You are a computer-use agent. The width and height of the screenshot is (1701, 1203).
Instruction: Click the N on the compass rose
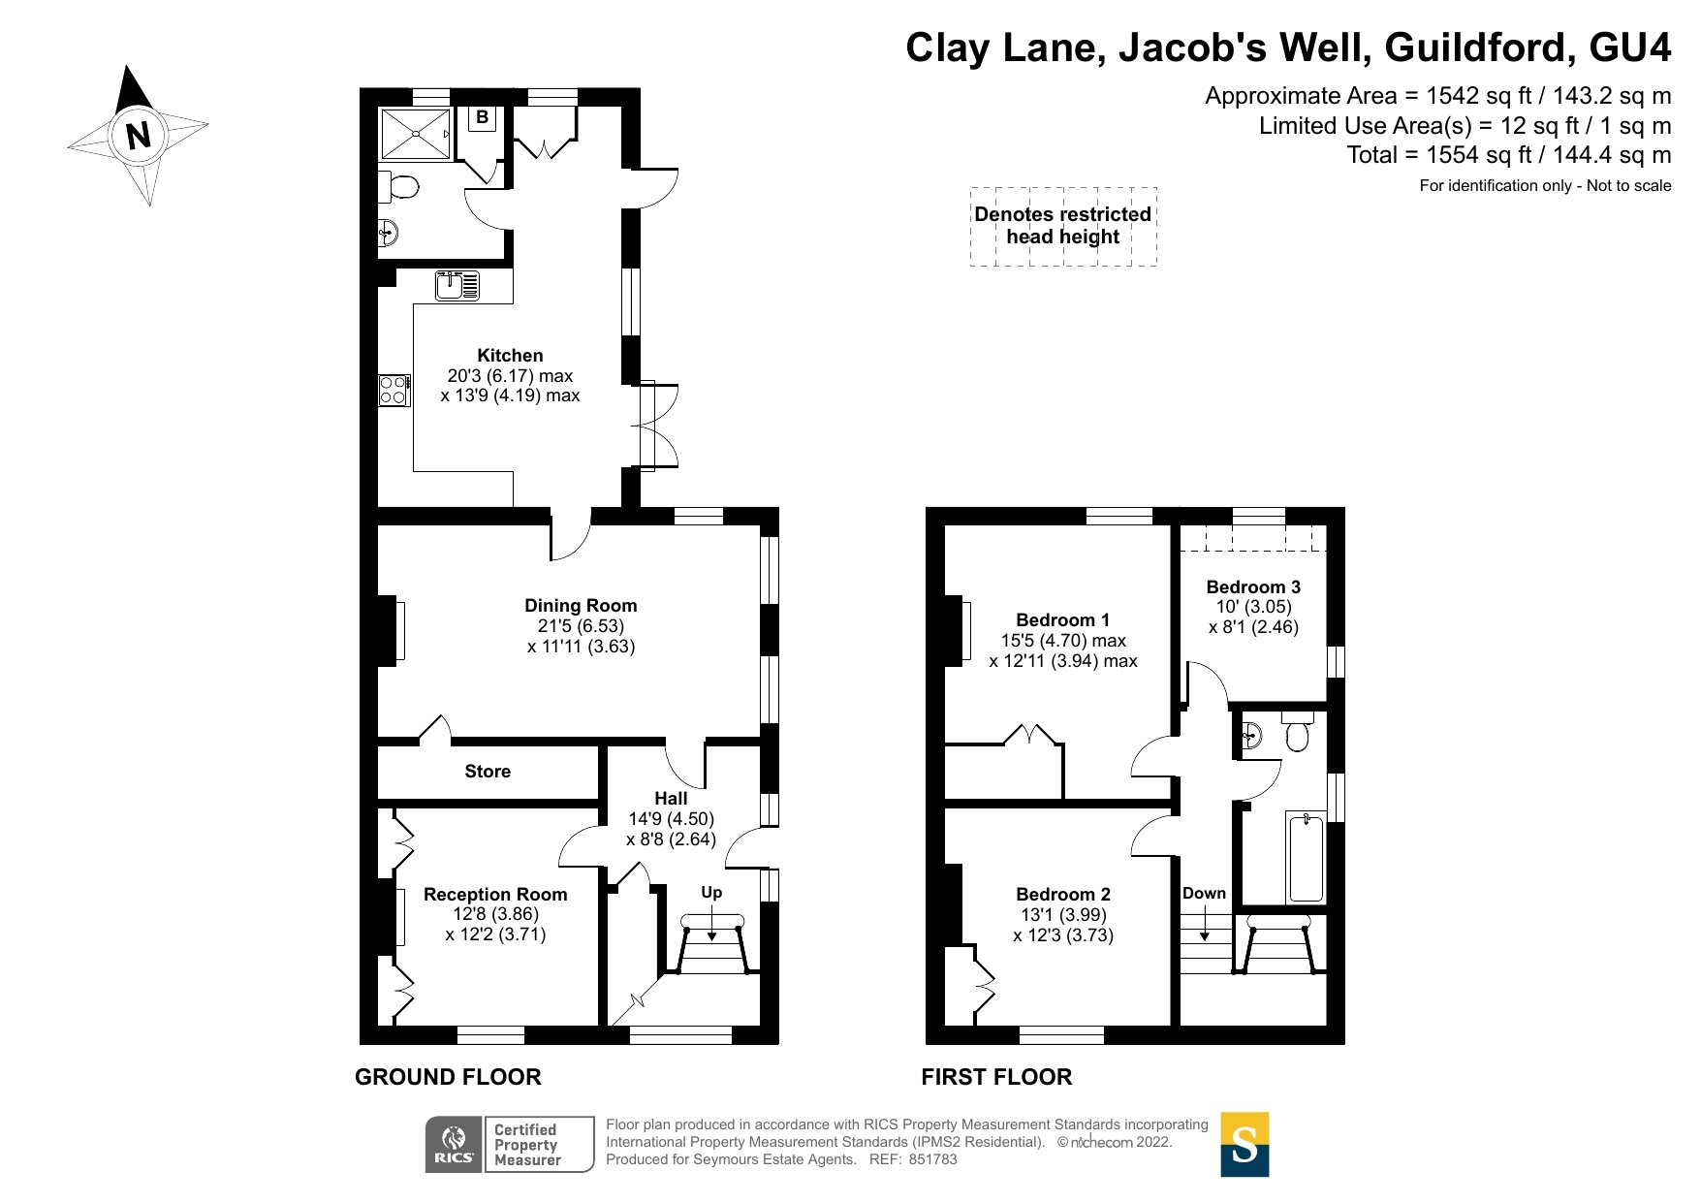coord(140,135)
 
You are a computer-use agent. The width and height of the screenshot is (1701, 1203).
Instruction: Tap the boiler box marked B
coord(482,118)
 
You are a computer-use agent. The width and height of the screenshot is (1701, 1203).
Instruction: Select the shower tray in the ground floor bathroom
coord(417,134)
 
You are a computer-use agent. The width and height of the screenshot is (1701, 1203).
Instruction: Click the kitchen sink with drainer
coord(457,285)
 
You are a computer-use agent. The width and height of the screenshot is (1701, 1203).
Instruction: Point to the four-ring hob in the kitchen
coord(394,391)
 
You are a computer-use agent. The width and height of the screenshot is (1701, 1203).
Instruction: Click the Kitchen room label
coord(510,356)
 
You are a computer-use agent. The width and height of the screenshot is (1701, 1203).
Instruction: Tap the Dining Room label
coord(581,606)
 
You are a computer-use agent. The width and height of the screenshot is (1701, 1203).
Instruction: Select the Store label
coord(488,772)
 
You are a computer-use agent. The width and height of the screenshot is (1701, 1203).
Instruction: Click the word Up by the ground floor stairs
coord(711,893)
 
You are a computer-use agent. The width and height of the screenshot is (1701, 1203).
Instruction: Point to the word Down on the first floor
coord(1204,894)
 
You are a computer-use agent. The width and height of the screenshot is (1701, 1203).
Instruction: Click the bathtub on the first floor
coord(1307,857)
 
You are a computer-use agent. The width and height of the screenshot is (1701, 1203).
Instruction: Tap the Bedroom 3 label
coord(1253,587)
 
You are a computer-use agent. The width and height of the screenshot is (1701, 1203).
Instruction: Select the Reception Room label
coord(495,895)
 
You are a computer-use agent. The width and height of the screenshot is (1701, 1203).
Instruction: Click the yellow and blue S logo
coord(1244,1144)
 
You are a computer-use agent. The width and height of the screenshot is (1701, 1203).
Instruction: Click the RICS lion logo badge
coord(455,1144)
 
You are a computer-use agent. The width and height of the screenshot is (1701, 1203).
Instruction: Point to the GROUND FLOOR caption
coord(448,1077)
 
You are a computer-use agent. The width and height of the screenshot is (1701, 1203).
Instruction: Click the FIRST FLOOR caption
coord(996,1077)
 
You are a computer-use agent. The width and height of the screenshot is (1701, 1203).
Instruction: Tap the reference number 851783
coord(932,1159)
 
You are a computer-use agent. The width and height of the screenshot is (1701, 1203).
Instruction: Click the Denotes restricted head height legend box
coord(1063,226)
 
